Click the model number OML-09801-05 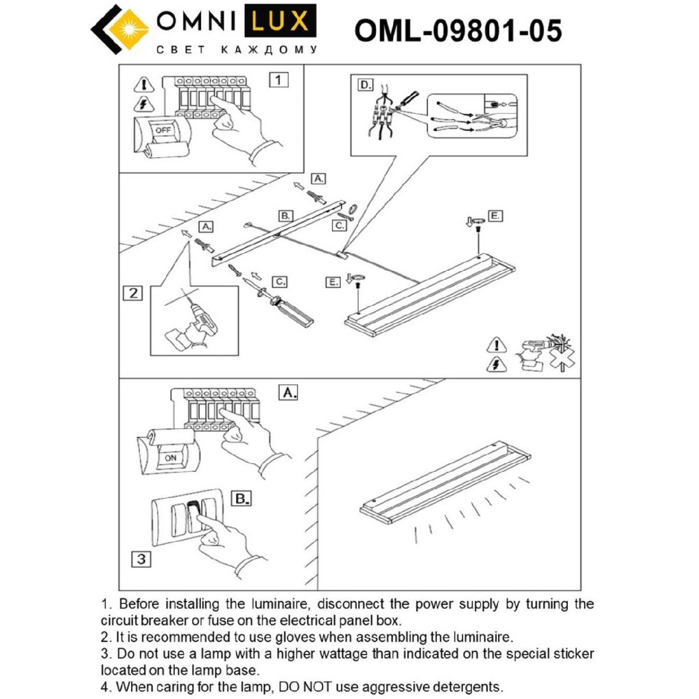point(458,30)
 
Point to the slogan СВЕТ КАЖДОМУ point(237,50)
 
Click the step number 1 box point(278,79)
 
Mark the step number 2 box point(133,292)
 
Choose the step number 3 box point(141,559)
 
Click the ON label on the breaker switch point(170,458)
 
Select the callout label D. point(365,85)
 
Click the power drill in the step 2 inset point(195,326)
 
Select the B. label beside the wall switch point(241,499)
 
